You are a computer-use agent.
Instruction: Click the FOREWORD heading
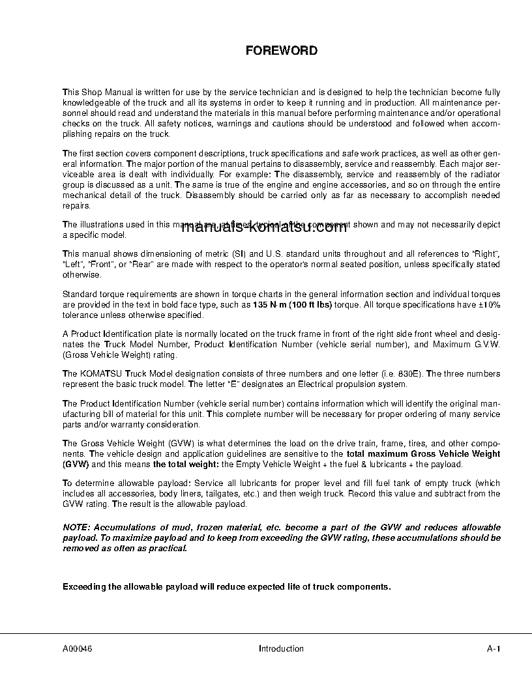coord(281,51)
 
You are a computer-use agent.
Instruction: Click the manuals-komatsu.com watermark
coord(263,227)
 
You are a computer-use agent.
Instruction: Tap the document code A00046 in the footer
coord(77,649)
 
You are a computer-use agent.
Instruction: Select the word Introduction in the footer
coord(281,649)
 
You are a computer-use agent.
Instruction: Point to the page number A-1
coord(494,649)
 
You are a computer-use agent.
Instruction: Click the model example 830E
coord(411,374)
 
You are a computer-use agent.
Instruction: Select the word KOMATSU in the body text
coord(101,374)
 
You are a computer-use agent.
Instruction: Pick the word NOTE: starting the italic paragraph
coord(77,527)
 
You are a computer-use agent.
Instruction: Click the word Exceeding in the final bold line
coord(83,586)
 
